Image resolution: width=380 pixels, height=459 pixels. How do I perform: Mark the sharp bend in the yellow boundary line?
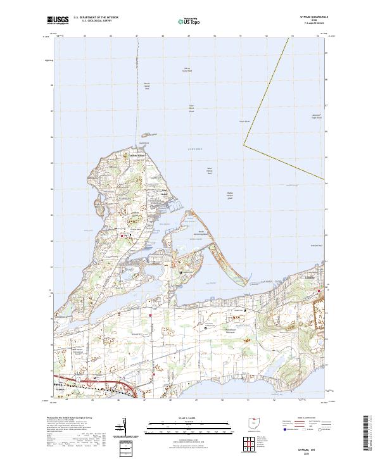(x=244, y=145)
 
